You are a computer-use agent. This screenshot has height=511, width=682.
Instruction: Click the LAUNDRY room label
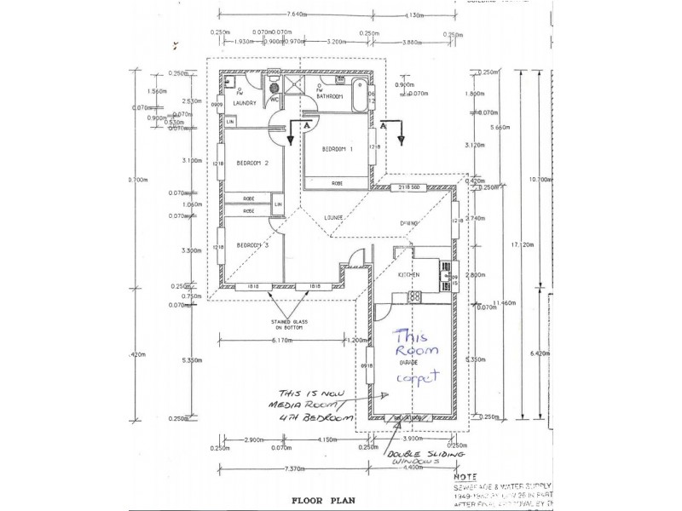[243, 103]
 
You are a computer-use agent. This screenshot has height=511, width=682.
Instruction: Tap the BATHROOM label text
[329, 96]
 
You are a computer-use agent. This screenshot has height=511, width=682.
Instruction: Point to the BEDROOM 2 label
[252, 164]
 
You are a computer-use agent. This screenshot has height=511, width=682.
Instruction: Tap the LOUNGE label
[332, 217]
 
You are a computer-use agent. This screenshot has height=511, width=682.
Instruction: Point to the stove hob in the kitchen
[415, 296]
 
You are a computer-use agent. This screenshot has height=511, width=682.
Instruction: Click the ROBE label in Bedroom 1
[338, 182]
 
